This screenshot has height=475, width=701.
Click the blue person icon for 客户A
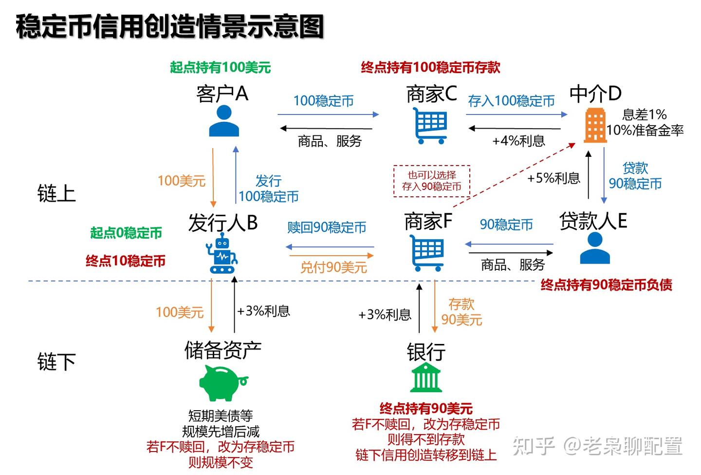224,121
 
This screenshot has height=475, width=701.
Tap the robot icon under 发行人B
222,253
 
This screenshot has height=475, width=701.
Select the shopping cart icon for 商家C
430,125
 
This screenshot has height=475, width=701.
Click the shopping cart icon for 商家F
427,252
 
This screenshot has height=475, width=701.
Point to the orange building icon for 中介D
595,125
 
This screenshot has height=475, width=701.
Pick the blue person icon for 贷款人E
595,248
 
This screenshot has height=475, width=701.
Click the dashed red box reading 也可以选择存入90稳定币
432,181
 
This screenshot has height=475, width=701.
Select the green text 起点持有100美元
220,67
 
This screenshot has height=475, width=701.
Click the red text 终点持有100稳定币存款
430,67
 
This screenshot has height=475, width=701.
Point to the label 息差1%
644,114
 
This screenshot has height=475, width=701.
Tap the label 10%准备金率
645,130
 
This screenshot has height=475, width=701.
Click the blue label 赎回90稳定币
327,228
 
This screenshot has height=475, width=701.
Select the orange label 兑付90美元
333,267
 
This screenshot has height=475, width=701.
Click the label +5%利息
553,178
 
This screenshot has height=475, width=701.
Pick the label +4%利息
518,141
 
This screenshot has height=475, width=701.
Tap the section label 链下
56,362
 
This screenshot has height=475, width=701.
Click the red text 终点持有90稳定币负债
606,285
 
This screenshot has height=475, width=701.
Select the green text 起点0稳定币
126,233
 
